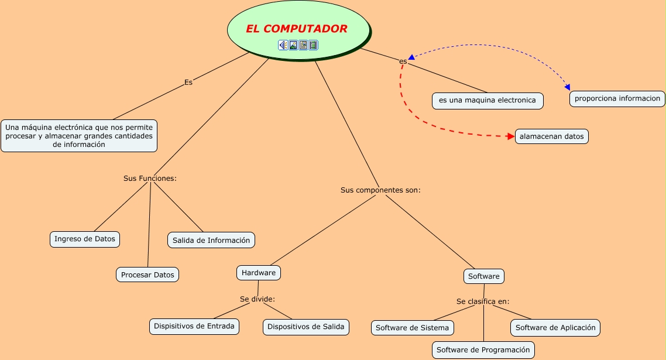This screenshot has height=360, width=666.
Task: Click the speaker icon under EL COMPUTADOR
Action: tap(283, 45)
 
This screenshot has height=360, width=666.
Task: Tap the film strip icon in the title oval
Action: tap(313, 45)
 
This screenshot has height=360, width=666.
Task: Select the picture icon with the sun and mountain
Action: tap(293, 45)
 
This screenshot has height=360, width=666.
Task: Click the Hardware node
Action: tap(259, 273)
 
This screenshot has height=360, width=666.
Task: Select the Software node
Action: tap(484, 276)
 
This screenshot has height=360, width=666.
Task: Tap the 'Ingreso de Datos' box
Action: tap(85, 239)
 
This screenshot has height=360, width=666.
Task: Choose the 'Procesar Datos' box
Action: tap(147, 275)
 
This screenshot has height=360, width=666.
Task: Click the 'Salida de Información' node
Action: tap(211, 240)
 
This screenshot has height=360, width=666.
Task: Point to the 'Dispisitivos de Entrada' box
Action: tap(194, 326)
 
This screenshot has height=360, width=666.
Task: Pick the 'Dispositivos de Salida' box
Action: tap(306, 327)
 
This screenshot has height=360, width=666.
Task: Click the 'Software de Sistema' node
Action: tap(412, 328)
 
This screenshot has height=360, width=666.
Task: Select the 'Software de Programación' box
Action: tap(483, 350)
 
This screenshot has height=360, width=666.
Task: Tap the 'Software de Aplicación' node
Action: tap(555, 328)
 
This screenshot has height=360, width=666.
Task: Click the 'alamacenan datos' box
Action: tap(552, 136)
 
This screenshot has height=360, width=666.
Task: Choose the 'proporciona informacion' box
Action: tap(617, 98)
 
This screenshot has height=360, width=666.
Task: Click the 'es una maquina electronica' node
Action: tap(488, 100)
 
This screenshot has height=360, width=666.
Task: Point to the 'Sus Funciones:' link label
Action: tap(150, 178)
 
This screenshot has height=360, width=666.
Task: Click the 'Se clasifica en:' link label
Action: tap(483, 301)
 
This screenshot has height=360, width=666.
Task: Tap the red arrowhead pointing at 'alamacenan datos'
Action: tap(510, 136)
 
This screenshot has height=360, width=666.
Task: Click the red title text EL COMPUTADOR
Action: tap(297, 29)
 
